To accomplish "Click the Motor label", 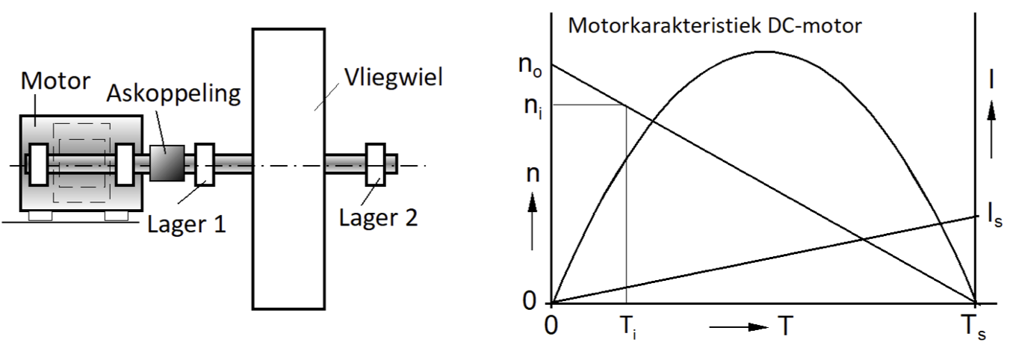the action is pyautogui.click(x=55, y=81).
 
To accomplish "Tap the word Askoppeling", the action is pyautogui.click(x=173, y=93).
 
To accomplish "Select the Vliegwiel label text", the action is pyautogui.click(x=394, y=78).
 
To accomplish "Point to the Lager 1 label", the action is pyautogui.click(x=186, y=224).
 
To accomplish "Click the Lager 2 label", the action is pyautogui.click(x=378, y=218).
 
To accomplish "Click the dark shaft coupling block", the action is pyautogui.click(x=167, y=163).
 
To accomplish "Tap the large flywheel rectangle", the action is pyautogui.click(x=288, y=169).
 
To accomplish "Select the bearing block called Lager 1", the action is pyautogui.click(x=204, y=164).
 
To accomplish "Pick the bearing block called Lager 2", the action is pyautogui.click(x=375, y=164).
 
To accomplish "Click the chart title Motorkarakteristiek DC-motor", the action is pyautogui.click(x=715, y=25).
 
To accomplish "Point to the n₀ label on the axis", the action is pyautogui.click(x=530, y=66).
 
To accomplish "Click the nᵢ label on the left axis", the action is pyautogui.click(x=533, y=106).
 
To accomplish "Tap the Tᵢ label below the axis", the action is pyautogui.click(x=628, y=327).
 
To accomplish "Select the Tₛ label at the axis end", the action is pyautogui.click(x=973, y=327).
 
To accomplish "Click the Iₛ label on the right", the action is pyautogui.click(x=994, y=215).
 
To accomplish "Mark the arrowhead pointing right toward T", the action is pyautogui.click(x=758, y=326).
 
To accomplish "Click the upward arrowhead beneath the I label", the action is pyautogui.click(x=991, y=111).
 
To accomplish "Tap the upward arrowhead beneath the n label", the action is pyautogui.click(x=533, y=202).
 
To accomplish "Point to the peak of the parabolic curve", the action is pyautogui.click(x=765, y=52).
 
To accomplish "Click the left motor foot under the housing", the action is pyautogui.click(x=40, y=216).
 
